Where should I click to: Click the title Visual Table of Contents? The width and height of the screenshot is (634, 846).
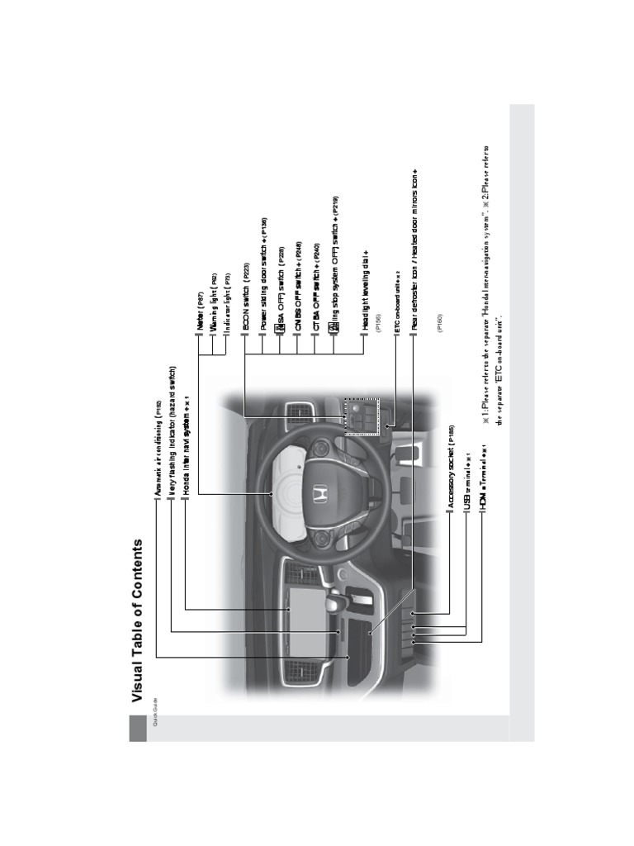coord(138,622)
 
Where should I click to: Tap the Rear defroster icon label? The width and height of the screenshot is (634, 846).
coord(414,248)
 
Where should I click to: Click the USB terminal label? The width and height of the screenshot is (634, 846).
coord(467,482)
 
